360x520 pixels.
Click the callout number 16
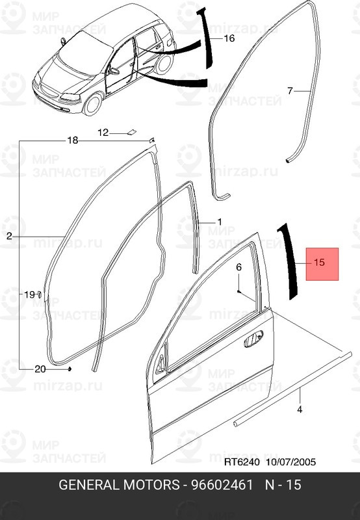click(x=229, y=38)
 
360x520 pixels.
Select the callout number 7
click(x=290, y=90)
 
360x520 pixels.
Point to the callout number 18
click(x=72, y=140)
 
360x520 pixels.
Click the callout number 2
click(x=9, y=237)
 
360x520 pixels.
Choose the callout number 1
click(x=219, y=222)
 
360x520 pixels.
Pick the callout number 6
click(x=238, y=267)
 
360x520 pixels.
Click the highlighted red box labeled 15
click(x=322, y=263)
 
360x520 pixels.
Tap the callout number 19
click(x=29, y=294)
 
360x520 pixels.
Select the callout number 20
click(x=40, y=369)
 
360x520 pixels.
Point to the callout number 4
click(x=300, y=409)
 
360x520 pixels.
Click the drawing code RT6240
click(x=242, y=463)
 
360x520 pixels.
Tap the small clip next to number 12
click(x=131, y=132)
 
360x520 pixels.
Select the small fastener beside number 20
click(x=69, y=369)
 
